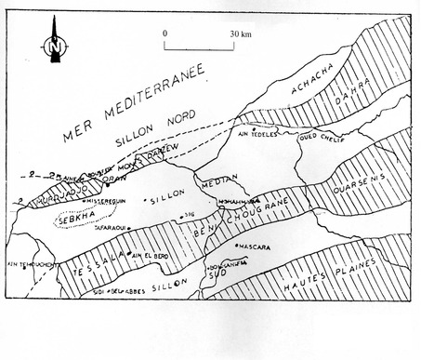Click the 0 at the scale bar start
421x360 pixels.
pos(165,33)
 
